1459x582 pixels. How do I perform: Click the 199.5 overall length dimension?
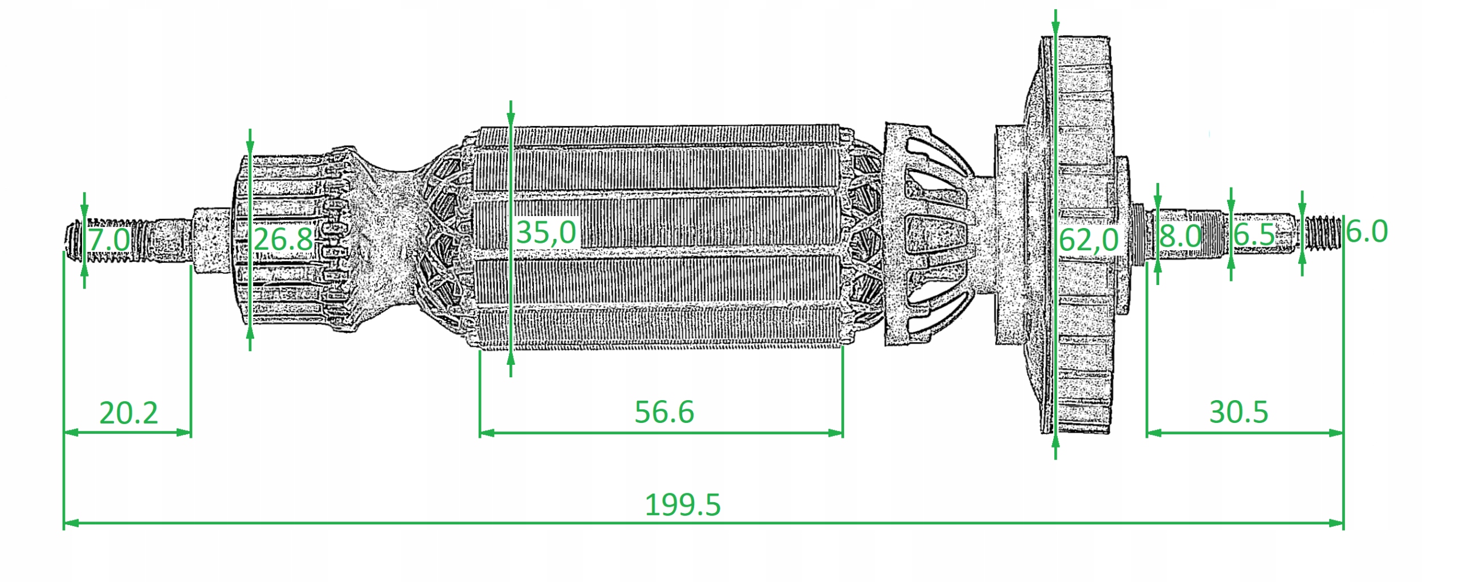pos(682,504)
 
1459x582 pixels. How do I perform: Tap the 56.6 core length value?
pos(664,412)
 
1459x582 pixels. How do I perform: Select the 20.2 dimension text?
pos(128,413)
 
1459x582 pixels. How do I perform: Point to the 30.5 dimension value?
pos(1238,412)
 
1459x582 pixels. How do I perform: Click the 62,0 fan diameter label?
pos(1088,239)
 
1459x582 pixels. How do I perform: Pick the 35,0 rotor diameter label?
pos(546,232)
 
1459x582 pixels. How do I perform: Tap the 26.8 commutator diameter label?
pos(283,239)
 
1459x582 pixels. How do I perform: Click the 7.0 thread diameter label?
pos(108,239)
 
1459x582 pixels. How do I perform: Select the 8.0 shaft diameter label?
pos(1180,235)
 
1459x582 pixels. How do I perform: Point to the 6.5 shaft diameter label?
pos(1254,234)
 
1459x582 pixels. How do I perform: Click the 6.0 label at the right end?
pos(1367,231)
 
